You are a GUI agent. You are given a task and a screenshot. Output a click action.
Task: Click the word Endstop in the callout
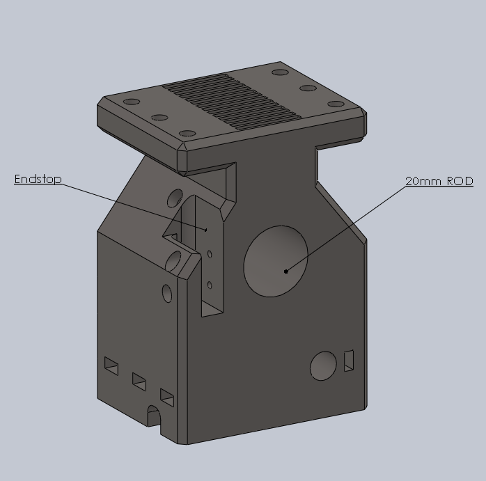coord(38,180)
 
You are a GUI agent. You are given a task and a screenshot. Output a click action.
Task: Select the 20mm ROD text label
coord(439,181)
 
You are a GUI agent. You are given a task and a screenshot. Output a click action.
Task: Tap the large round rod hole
coord(276,260)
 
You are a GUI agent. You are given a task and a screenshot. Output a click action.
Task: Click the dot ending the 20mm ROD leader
coord(286,271)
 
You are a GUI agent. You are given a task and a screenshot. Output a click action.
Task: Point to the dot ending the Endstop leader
coord(206,229)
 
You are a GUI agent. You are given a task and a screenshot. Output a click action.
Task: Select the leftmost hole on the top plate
coord(132,102)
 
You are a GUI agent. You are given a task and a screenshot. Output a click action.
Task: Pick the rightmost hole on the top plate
coord(336,104)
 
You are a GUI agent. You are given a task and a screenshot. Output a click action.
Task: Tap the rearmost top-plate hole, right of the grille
coord(280,72)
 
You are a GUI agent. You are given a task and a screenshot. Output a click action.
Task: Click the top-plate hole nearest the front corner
coord(187,133)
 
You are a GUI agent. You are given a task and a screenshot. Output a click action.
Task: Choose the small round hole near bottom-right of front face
coord(322,366)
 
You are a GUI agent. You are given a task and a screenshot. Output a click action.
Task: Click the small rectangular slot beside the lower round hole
coord(349,360)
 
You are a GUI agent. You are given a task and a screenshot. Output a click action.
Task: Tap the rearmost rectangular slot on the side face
coord(111,365)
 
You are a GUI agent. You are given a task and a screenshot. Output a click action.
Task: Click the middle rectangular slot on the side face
coord(139,381)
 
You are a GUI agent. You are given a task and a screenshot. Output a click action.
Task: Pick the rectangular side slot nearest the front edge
coord(167,397)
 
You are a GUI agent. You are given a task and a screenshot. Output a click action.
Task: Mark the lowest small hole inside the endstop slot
coord(210,284)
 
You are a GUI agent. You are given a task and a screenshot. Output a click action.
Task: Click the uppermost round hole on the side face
coord(175,200)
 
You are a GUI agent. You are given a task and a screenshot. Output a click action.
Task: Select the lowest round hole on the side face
coord(167,293)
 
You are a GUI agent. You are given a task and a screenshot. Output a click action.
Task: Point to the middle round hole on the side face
coord(174,262)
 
